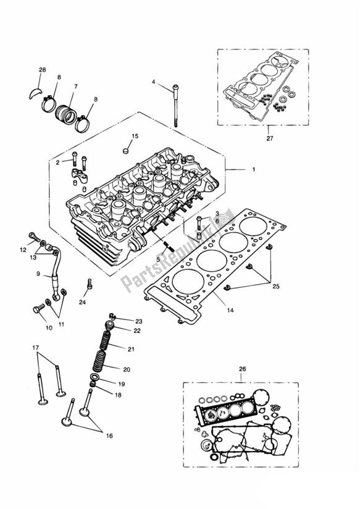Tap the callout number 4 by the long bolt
point(154,81)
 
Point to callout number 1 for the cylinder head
point(253,169)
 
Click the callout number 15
point(135,135)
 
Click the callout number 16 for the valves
point(109,436)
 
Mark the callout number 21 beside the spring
point(130,349)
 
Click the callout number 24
point(82,302)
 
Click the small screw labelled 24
point(90,285)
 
